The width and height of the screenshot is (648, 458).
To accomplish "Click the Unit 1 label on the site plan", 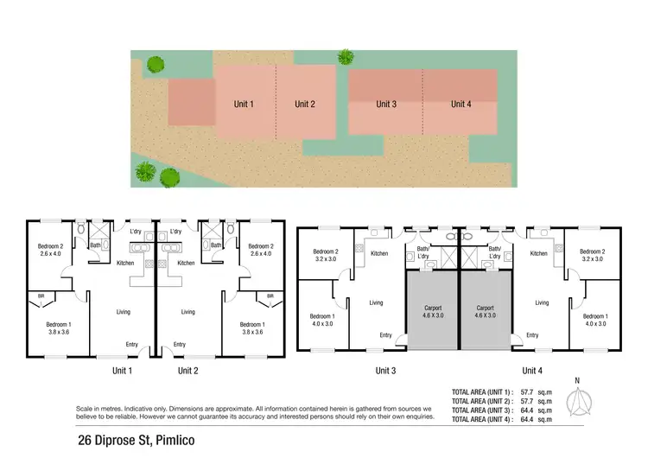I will tap(244, 105).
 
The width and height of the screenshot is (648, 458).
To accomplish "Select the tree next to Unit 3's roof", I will tap(346, 57).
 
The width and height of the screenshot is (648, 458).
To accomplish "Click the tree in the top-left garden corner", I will tap(155, 63).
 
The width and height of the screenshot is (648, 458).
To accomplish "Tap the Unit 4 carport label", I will tap(486, 311).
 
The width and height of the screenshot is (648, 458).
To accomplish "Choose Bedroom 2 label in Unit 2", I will tap(260, 250).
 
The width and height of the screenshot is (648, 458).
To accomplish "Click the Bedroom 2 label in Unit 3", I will tap(326, 254).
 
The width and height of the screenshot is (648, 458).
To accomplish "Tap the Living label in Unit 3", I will tap(377, 302).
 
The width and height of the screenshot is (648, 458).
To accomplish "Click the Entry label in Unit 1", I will tap(131, 345).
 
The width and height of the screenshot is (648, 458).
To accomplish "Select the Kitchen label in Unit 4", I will tap(539, 253).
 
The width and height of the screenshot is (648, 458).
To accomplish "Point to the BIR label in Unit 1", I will tap(41, 296).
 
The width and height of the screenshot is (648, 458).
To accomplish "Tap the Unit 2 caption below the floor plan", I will tap(188, 371).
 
